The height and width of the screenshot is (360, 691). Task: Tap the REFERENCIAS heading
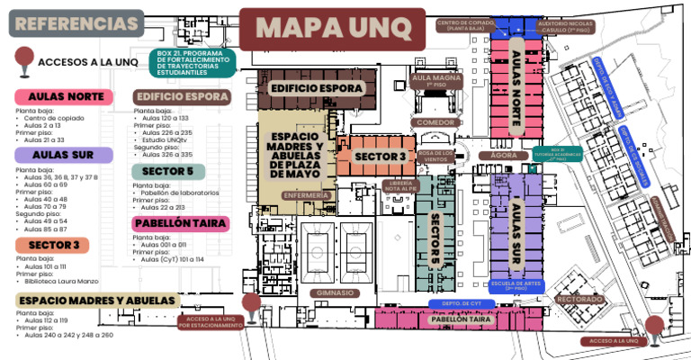pos(76,22)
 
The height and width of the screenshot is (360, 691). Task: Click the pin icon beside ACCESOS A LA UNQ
pos(22,61)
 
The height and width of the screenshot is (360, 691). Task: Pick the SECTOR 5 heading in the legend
pos(168,171)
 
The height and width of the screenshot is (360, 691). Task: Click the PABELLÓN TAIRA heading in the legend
pos(180,223)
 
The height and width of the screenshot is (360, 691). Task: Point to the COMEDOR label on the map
pos(435,121)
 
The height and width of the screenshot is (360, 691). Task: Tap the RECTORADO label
pos(579,298)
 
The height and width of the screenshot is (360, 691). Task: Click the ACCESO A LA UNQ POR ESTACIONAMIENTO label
pos(210,322)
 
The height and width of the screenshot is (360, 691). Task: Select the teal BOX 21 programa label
pos(193,62)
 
